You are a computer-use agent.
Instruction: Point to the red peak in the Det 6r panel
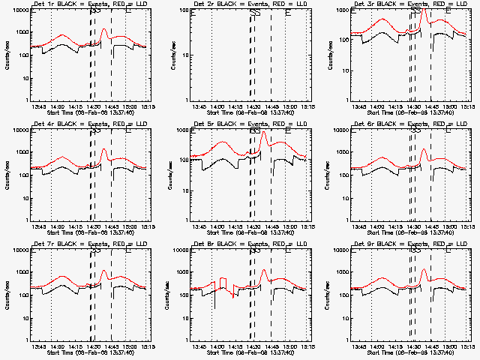[x=424, y=149]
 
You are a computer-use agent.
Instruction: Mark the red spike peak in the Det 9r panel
[x=424, y=269]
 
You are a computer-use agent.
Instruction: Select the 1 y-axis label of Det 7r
[x=25, y=340]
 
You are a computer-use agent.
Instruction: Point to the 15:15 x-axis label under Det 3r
[x=468, y=106]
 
